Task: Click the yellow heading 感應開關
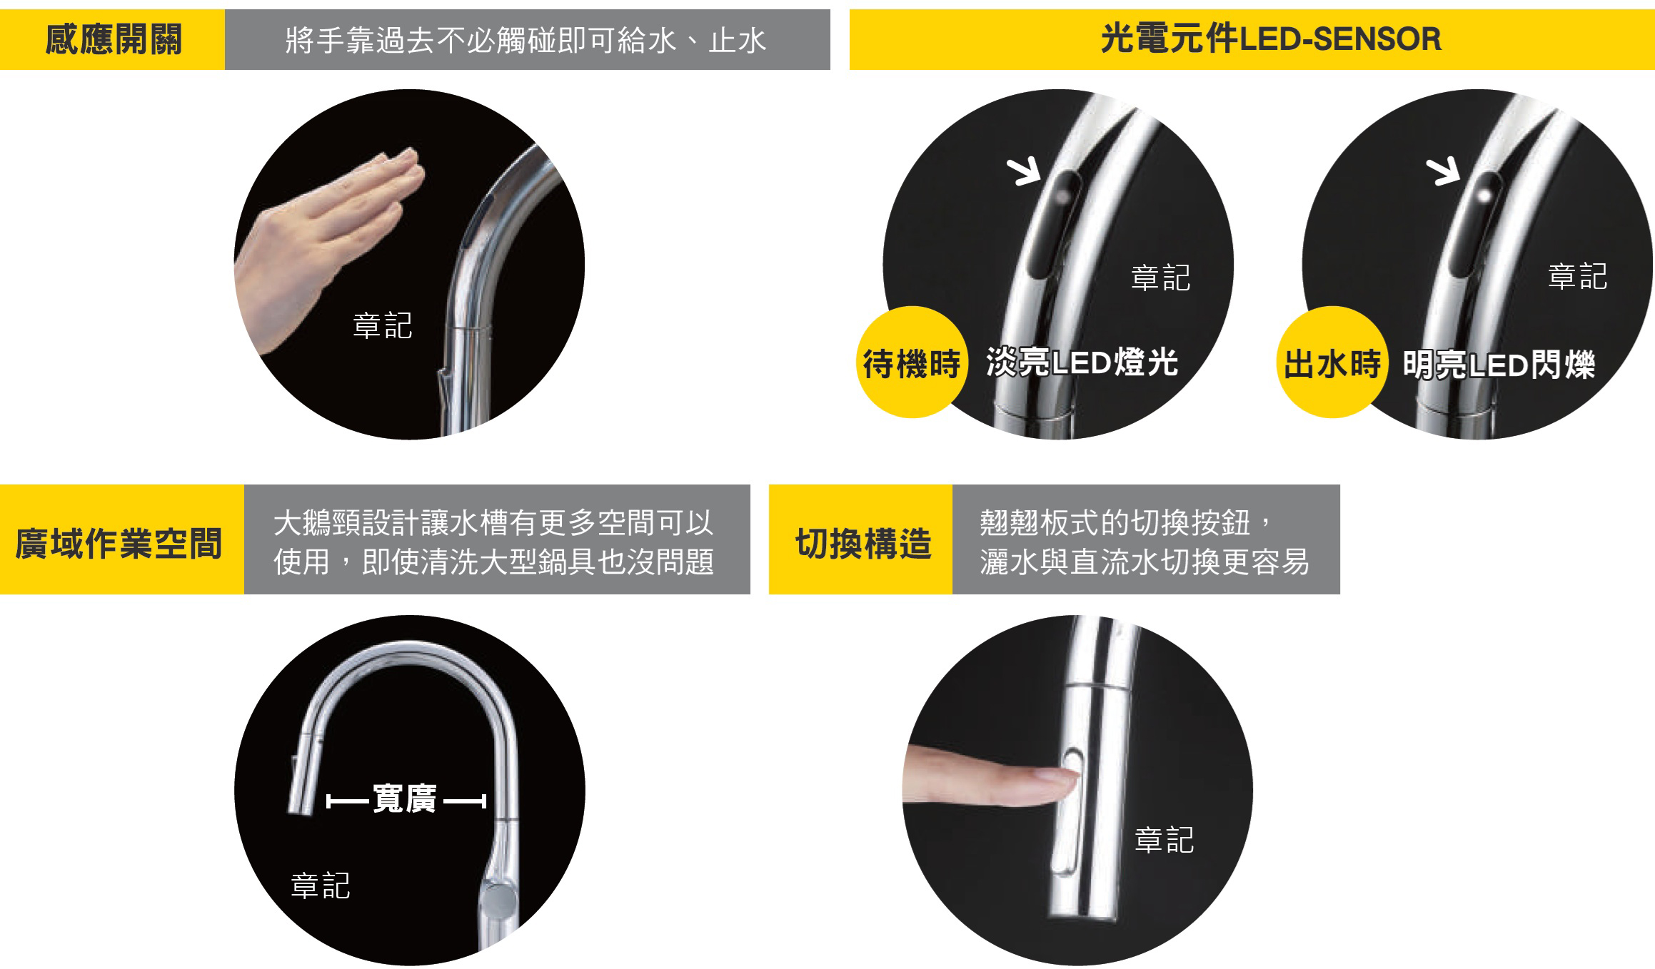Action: tap(113, 39)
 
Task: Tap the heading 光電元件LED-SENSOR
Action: tap(1271, 39)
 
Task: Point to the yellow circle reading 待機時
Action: tap(912, 362)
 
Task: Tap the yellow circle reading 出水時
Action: tap(1332, 362)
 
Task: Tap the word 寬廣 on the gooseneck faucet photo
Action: tap(404, 799)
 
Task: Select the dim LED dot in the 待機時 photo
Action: tap(1064, 194)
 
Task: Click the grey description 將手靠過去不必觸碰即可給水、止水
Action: tap(525, 40)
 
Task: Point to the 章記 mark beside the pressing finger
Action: tap(1164, 840)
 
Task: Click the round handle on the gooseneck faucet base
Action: tap(498, 895)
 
